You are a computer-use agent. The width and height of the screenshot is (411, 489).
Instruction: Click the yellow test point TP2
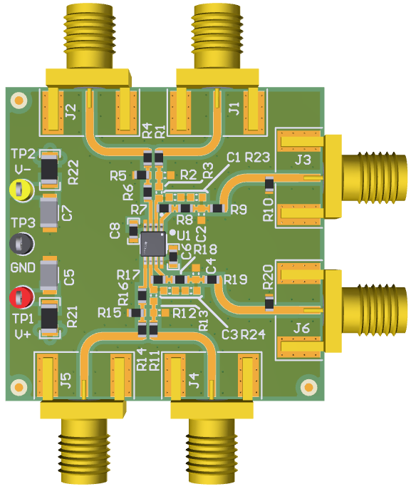pos(21,190)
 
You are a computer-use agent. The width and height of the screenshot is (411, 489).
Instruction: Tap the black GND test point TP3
pos(21,244)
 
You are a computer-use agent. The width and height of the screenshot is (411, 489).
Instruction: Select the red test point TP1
pos(21,297)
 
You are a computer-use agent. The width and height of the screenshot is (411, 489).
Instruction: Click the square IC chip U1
pos(153,244)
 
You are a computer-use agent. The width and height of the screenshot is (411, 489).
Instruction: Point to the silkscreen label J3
pos(303,160)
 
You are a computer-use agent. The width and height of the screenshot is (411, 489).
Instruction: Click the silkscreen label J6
pos(301,328)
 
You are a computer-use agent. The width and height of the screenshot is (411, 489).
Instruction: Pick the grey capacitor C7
pos(49,213)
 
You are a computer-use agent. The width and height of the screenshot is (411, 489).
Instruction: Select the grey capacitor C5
pos(49,275)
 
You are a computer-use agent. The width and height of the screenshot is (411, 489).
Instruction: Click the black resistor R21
pos(49,317)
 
